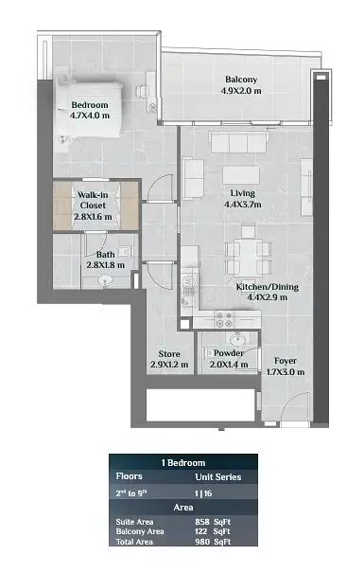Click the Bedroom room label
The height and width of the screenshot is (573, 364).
tap(90, 105)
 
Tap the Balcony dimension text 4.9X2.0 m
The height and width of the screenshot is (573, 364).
tap(241, 91)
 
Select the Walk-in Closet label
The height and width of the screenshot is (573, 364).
tap(93, 200)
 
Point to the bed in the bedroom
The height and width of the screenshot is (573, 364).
tap(90, 109)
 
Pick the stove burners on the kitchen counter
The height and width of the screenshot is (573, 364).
tap(223, 319)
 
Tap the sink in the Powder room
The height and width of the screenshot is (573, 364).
tap(238, 339)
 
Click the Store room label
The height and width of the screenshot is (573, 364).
tap(169, 353)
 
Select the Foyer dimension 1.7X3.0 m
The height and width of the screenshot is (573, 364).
tap(286, 372)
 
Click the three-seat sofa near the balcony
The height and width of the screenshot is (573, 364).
tap(238, 142)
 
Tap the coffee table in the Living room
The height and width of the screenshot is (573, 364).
tap(241, 175)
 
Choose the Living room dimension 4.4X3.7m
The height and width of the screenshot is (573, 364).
tap(243, 205)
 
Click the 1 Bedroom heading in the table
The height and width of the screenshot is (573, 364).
tap(183, 462)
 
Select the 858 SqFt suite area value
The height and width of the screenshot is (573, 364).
tap(213, 522)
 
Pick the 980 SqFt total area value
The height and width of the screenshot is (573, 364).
tap(213, 542)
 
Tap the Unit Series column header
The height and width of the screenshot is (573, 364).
tap(218, 477)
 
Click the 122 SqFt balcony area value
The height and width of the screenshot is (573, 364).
tap(213, 531)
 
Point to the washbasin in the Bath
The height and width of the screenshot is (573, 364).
tap(105, 280)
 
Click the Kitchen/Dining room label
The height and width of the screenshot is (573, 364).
tap(268, 287)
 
